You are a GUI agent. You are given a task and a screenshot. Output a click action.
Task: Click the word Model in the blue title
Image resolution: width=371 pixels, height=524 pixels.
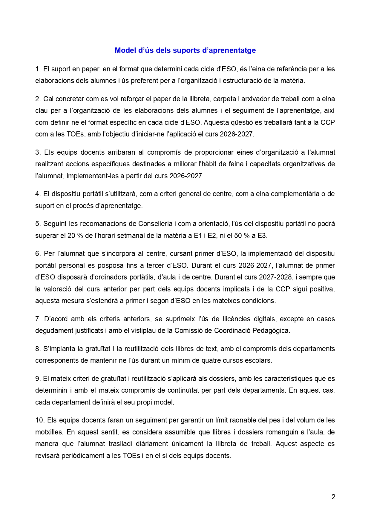pos(125,50)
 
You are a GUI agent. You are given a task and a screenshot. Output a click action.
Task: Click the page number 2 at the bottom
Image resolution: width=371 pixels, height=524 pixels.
pos(333,497)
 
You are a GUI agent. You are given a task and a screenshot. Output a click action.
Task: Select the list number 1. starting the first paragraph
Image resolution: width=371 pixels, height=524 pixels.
pos(38,69)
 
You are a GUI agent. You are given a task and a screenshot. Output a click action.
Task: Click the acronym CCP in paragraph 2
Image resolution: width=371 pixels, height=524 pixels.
pos(327,122)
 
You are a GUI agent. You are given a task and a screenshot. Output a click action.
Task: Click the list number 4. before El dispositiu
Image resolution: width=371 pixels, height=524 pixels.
pos(38,194)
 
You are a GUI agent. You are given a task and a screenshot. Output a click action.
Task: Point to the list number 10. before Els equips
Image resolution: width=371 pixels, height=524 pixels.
pos(40,420)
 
